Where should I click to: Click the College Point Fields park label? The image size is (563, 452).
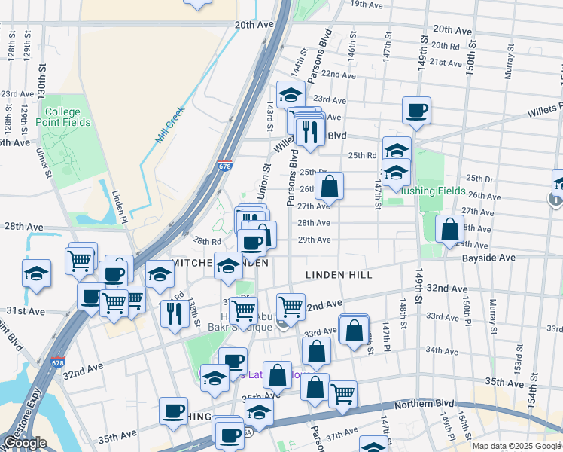tap(67, 117)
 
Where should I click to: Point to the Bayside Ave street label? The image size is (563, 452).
tap(490, 258)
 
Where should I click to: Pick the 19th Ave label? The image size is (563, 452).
tap(367, 5)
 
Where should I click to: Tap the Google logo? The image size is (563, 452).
tap(24, 443)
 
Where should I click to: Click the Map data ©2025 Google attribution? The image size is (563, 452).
tap(516, 446)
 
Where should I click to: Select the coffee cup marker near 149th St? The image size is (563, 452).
tap(416, 111)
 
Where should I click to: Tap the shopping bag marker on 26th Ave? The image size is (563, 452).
tap(329, 185)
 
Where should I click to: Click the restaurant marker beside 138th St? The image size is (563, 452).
tap(175, 312)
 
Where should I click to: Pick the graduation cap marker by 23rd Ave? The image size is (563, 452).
tap(290, 94)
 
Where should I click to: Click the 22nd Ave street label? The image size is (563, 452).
tap(337, 75)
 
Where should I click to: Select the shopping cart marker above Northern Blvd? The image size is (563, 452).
tap(342, 393)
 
